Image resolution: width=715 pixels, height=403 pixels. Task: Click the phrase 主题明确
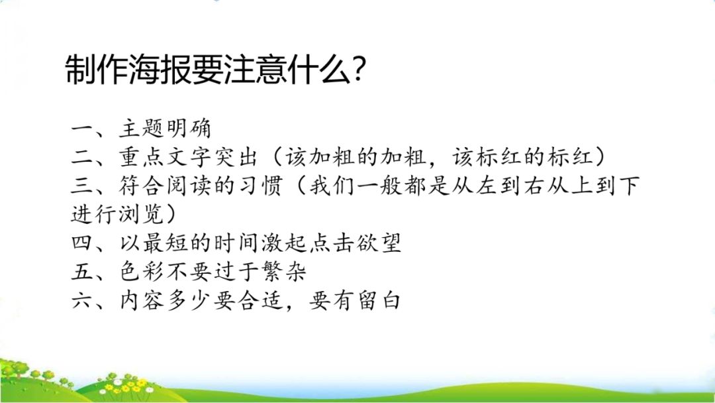pos(166,129)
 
